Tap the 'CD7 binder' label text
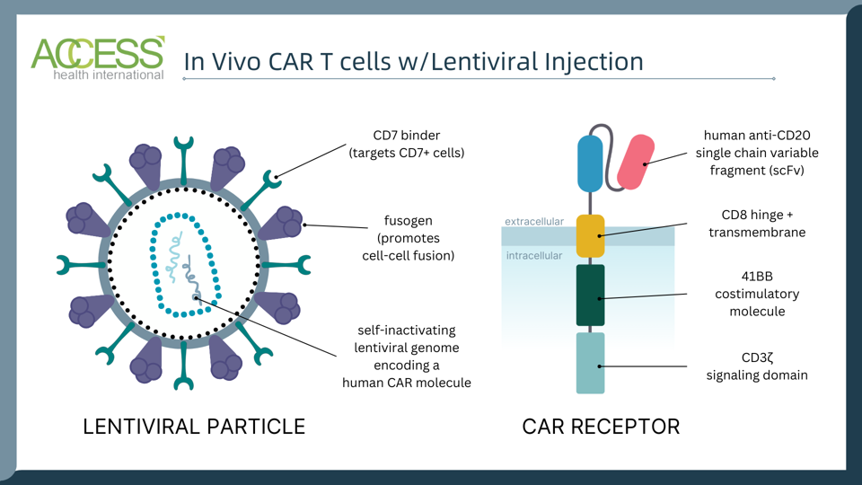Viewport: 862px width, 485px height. tap(406, 135)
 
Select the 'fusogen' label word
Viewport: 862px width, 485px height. tap(407, 220)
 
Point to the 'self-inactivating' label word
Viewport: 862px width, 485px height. tap(406, 330)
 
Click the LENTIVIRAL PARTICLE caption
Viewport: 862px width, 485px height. tap(194, 426)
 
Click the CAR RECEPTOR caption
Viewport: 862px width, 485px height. tap(601, 426)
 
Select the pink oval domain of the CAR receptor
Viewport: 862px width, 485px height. tap(636, 162)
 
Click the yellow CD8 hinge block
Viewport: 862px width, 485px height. tap(590, 236)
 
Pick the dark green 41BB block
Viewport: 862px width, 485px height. tap(590, 295)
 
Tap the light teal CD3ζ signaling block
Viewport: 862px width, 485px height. tap(590, 363)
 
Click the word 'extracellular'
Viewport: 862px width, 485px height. tap(534, 221)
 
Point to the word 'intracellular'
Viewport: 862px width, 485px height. tap(533, 256)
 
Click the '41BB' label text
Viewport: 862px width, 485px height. tap(757, 277)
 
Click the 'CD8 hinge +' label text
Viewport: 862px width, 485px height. tap(757, 215)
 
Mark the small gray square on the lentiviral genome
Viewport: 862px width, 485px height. tap(196, 296)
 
